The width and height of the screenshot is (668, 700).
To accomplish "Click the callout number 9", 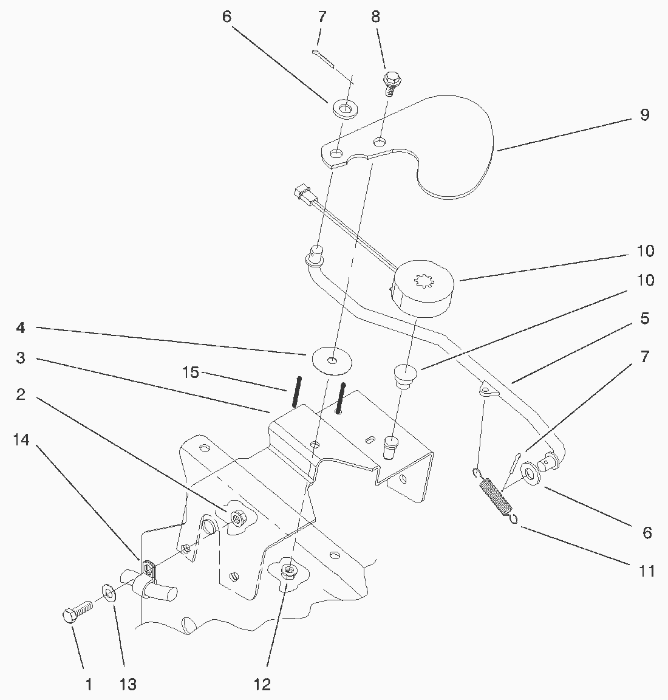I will tap(644, 115).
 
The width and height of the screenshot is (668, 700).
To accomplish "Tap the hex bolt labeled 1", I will tap(76, 610).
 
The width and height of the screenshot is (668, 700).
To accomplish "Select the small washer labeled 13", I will tap(108, 592).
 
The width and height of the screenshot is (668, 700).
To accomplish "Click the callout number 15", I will tap(191, 372).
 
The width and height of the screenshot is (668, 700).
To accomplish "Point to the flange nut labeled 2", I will tap(237, 518).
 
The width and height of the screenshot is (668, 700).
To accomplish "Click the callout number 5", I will tap(644, 318).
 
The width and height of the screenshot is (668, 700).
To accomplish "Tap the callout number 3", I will tap(21, 359).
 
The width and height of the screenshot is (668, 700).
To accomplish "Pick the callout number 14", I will tap(21, 441).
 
